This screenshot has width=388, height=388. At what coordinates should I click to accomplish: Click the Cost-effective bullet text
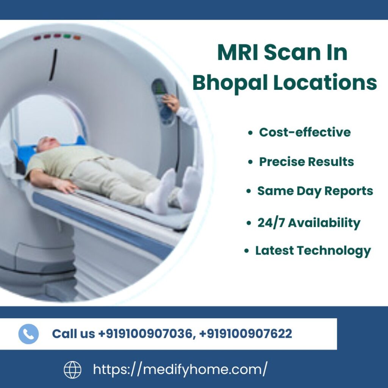pos(305,132)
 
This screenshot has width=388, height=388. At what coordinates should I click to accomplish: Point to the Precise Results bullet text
pos(306,162)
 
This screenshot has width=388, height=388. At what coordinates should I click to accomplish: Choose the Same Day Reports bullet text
pos(315,191)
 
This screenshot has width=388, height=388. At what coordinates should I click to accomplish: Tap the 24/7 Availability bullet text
pos(308,223)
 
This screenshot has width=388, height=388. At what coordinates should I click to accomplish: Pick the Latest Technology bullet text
pos(313,250)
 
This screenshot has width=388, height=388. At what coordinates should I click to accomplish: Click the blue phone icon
pos(28,334)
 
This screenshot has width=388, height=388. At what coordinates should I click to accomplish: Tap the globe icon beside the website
pos(72,369)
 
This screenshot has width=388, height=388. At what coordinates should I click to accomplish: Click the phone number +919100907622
pos(245,334)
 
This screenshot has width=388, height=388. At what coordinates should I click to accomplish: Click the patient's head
pos(47,144)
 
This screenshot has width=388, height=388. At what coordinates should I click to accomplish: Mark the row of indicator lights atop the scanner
pos(56,37)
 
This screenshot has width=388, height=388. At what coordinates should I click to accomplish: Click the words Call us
pos(73,334)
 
